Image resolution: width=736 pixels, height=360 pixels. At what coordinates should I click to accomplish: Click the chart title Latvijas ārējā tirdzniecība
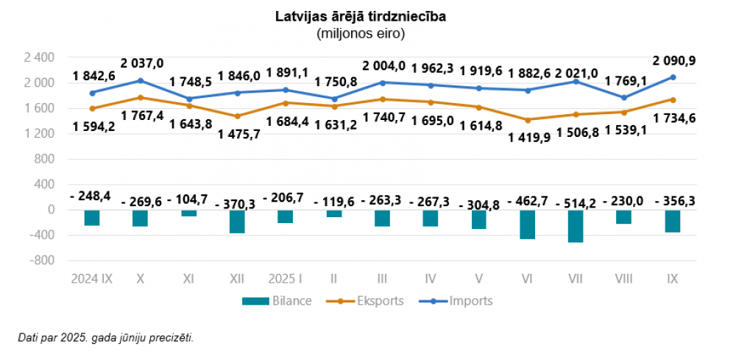pyautogui.click(x=361, y=17)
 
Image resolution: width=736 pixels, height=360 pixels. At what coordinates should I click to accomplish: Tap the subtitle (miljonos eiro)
pyautogui.click(x=361, y=33)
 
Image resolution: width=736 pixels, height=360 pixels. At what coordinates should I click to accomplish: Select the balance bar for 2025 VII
pyautogui.click(x=576, y=226)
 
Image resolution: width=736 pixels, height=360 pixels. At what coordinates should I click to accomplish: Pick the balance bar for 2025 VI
pyautogui.click(x=527, y=224)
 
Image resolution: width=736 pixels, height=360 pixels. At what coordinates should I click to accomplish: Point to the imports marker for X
pyautogui.click(x=140, y=80)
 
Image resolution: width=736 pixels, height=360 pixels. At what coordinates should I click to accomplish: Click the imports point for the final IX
pyautogui.click(x=673, y=77)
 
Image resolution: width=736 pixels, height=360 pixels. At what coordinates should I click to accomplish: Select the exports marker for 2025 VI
pyautogui.click(x=527, y=119)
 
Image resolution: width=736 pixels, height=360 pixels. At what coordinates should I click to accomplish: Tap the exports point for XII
pyautogui.click(x=237, y=116)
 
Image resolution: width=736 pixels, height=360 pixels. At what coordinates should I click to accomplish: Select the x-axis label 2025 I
pyautogui.click(x=286, y=280)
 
